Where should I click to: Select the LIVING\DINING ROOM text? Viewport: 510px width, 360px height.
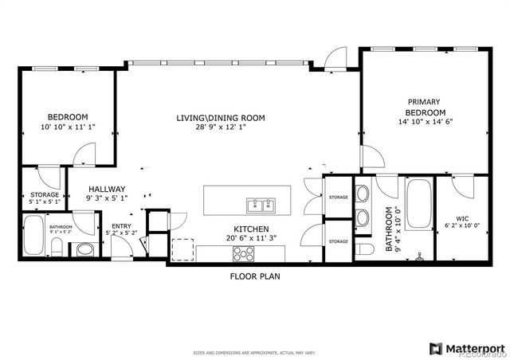pyautogui.click(x=221, y=118)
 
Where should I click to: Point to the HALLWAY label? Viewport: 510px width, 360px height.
pyautogui.click(x=107, y=190)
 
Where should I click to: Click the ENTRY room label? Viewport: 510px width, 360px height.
pyautogui.click(x=121, y=227)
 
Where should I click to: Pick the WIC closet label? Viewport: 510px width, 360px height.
pyautogui.click(x=462, y=218)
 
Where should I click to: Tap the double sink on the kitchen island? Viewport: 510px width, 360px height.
pyautogui.click(x=261, y=205)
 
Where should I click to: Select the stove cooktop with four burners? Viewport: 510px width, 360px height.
pyautogui.click(x=242, y=254)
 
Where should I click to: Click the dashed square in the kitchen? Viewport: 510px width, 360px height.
pyautogui.click(x=182, y=250)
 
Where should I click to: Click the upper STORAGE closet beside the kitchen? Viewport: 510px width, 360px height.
pyautogui.click(x=338, y=197)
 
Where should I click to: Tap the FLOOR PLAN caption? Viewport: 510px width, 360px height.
pyautogui.click(x=254, y=276)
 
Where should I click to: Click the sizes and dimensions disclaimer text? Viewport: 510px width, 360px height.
pyautogui.click(x=255, y=352)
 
